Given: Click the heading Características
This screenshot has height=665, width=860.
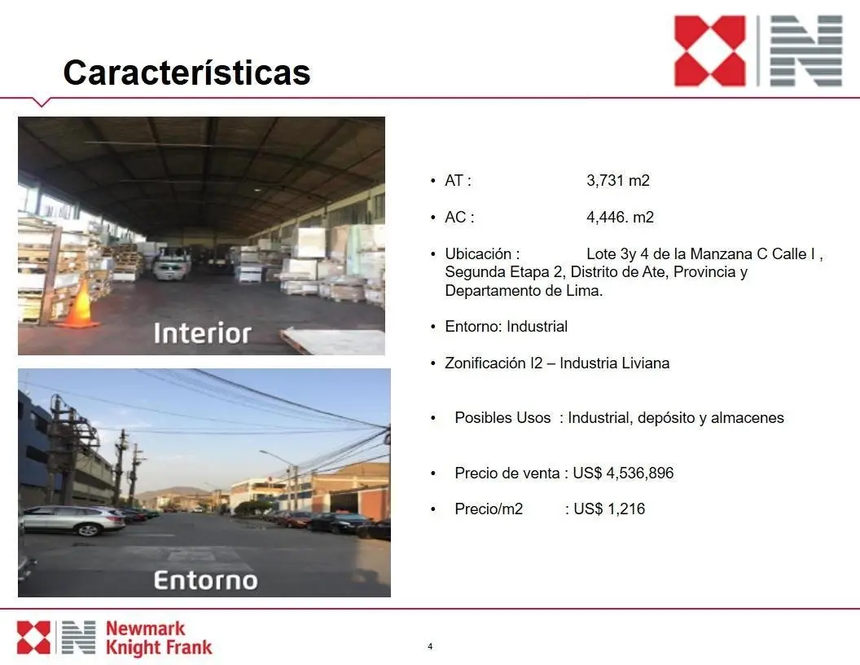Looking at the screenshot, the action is (x=187, y=72).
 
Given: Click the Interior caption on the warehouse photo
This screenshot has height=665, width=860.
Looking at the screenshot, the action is (x=203, y=333).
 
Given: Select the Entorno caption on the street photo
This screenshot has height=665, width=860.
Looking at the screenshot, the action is (x=206, y=580).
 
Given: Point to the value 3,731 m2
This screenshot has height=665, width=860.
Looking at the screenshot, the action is (x=618, y=181).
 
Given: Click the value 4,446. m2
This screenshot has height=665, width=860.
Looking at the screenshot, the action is (x=620, y=218).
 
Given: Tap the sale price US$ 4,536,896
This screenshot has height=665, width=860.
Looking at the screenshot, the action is (x=623, y=473).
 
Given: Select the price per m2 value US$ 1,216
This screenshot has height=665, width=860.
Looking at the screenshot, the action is (x=609, y=509).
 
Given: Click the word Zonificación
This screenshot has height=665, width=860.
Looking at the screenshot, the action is (x=485, y=363).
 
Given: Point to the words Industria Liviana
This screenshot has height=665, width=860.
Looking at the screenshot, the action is (x=614, y=363).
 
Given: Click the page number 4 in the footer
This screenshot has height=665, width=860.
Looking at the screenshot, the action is (x=430, y=646).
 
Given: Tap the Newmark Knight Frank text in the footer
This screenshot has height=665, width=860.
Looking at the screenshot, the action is (x=159, y=638).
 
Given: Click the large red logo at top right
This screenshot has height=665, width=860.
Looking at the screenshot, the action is (x=709, y=51).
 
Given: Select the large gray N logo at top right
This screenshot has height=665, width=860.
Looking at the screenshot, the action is (x=806, y=51).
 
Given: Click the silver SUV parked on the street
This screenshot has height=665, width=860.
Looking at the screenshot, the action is (x=73, y=520).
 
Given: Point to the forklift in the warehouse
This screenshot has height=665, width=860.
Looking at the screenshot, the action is (x=172, y=262).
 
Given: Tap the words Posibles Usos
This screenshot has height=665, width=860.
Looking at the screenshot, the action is (x=502, y=418).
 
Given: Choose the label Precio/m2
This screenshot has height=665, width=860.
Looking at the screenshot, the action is (x=489, y=509).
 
